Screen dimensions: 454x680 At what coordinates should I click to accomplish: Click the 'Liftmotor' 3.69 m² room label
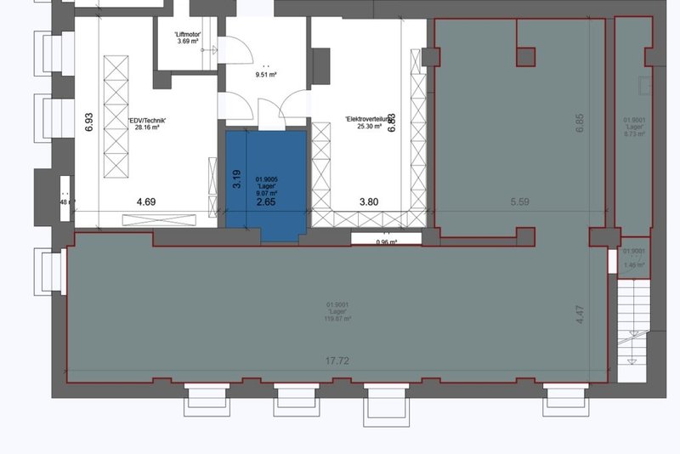coord(186,37)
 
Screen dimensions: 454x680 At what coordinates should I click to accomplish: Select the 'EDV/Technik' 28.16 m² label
coord(152,125)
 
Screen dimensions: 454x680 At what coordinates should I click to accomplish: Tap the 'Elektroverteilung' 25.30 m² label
coord(367,123)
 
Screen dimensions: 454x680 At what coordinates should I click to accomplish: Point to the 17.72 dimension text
coord(338,361)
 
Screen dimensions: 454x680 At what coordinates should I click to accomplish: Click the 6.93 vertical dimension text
coord(88,119)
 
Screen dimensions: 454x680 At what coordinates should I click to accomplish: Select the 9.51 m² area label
coord(267,75)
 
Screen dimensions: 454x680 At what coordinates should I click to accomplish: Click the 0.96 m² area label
coord(388,241)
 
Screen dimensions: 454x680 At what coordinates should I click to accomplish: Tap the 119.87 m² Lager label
coord(338,311)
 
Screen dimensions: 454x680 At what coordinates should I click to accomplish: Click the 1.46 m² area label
coord(634,258)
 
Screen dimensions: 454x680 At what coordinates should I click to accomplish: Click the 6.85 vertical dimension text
coord(581,120)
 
